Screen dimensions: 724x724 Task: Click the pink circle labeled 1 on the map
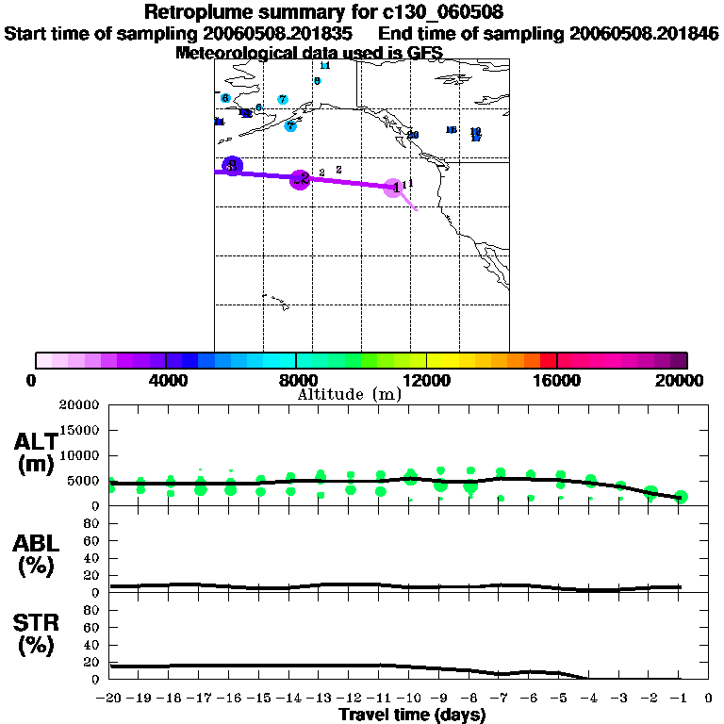coord(397,187)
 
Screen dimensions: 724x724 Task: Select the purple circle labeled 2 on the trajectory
coord(300,179)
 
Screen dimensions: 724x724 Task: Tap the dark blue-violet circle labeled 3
coord(232,167)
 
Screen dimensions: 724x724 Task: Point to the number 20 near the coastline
coord(413,135)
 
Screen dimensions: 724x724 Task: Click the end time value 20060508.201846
coord(644,33)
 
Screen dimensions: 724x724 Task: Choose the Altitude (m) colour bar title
coord(349,395)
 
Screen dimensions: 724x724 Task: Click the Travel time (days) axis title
coord(412,715)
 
